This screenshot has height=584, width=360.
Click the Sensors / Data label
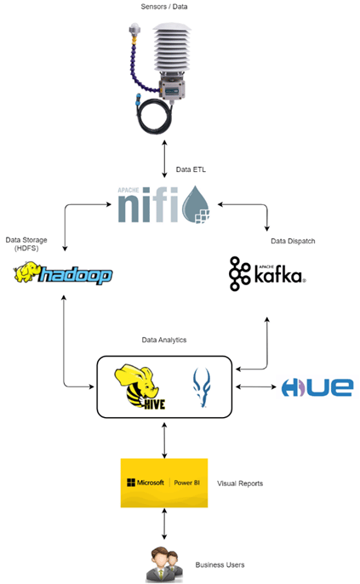pos(163,6)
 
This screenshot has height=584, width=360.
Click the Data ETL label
pos(191,169)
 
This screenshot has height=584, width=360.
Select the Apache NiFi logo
pos(163,204)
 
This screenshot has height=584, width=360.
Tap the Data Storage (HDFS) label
pos(26,244)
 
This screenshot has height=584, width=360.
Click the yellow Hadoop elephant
pos(26,272)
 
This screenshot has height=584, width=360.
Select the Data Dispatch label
pos(293,241)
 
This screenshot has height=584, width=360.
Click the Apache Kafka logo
pos(267,274)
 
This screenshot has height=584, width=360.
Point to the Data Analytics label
pos(164,340)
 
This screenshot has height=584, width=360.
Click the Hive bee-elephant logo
pos(140,388)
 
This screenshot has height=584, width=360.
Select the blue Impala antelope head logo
pos(202,387)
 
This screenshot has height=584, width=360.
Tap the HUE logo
pos(317,387)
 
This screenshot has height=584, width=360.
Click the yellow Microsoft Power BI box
pos(164,483)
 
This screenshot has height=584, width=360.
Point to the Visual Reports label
pos(240,484)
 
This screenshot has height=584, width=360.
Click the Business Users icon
pos(164,564)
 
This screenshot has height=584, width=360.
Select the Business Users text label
pos(220,564)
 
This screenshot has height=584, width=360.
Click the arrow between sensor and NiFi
pos(164,159)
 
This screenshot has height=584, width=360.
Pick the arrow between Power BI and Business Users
pos(164,524)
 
